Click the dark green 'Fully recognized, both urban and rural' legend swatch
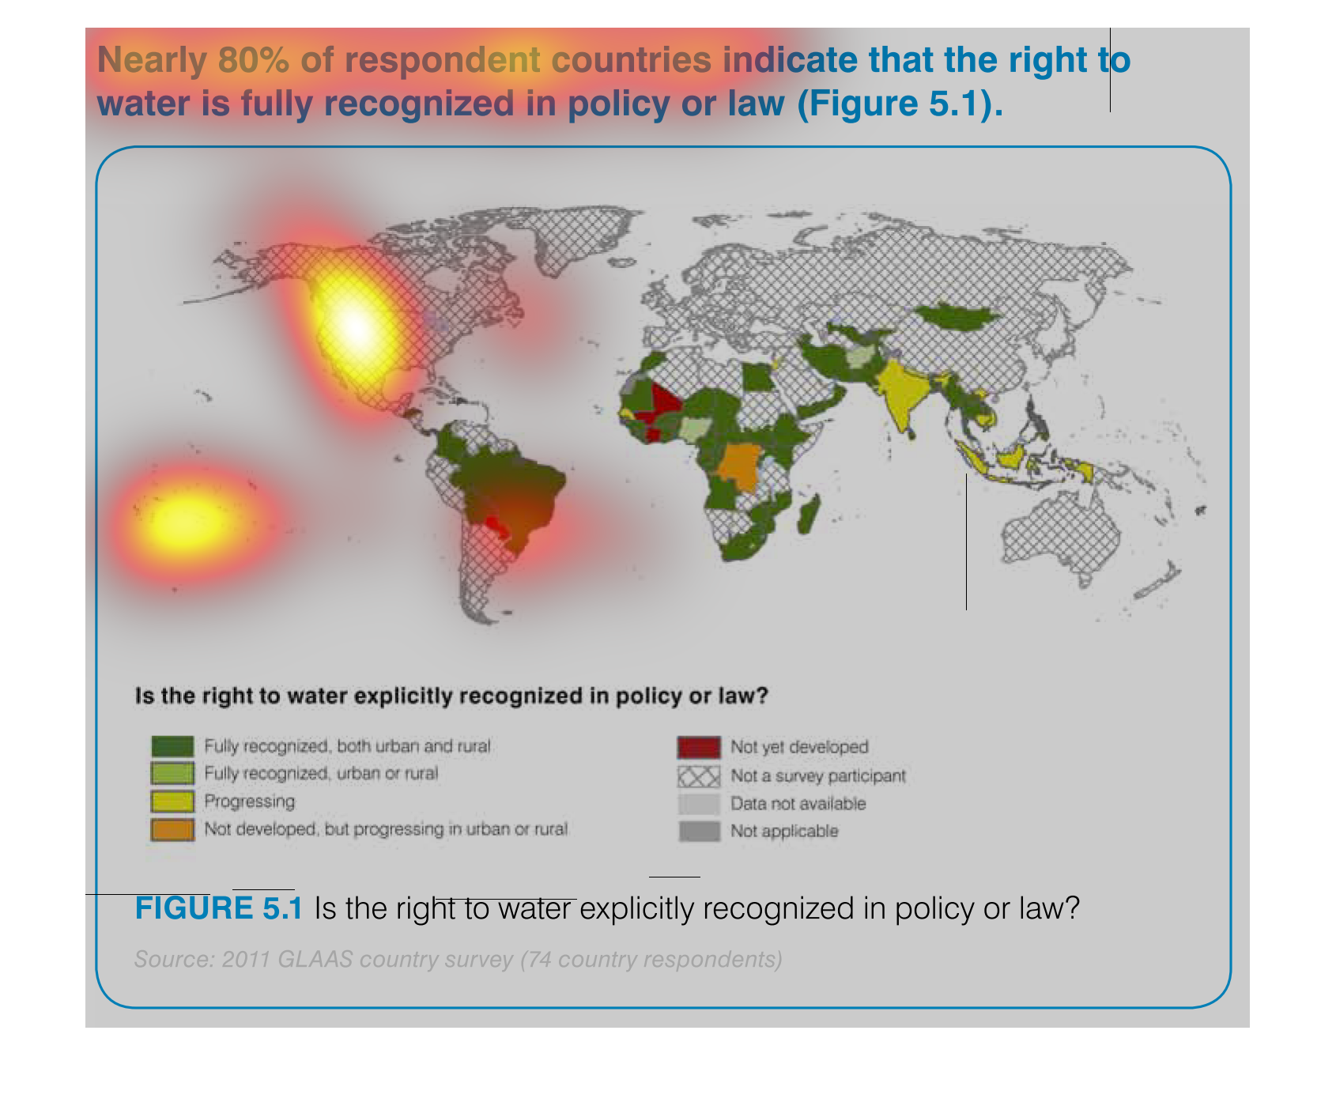coord(172,746)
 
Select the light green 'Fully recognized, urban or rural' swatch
coord(172,773)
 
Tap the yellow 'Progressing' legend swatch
coord(172,802)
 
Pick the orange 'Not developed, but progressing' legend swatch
coord(172,829)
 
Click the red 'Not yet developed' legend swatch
coord(699,747)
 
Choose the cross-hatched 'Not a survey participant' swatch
coord(699,776)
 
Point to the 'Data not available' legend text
coord(798,804)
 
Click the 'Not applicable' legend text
coord(784,832)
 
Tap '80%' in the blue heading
coord(254,60)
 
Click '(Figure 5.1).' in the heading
coord(900,104)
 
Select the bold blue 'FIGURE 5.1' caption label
coord(219,908)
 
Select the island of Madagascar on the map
coord(808,514)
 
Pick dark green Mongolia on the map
coord(957,317)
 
